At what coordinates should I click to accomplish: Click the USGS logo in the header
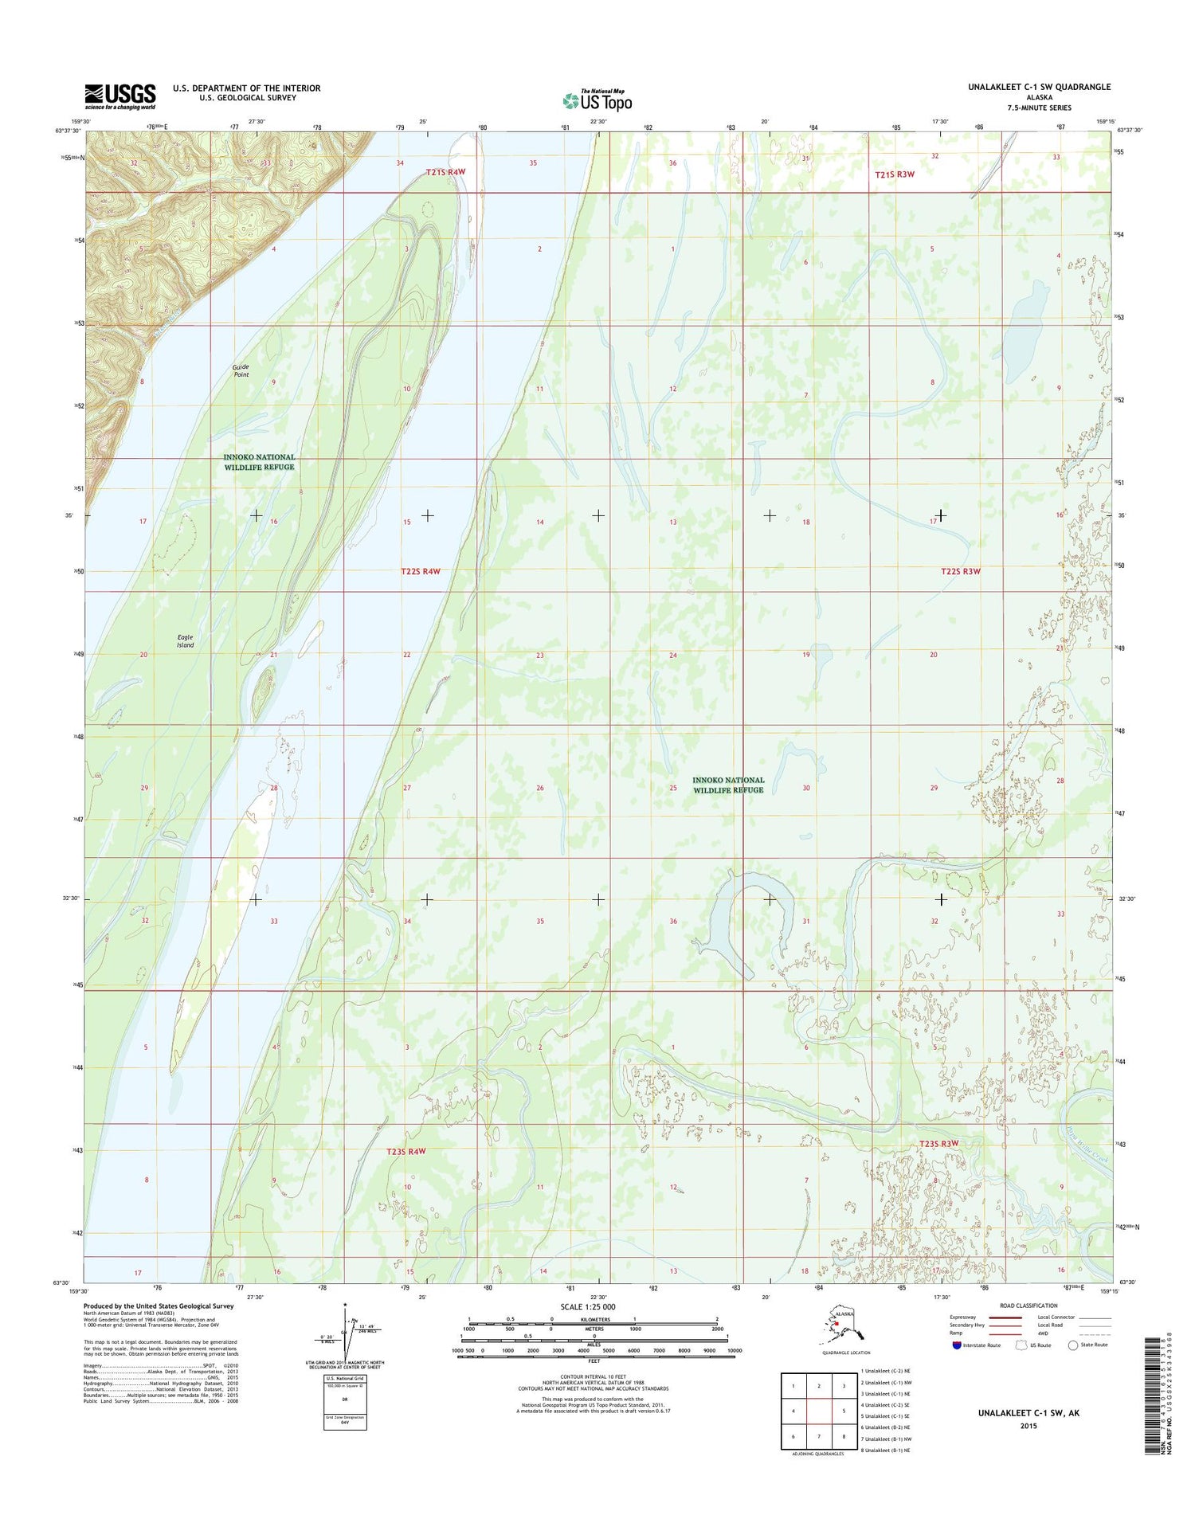coord(120,97)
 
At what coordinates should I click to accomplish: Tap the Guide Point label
coord(241,371)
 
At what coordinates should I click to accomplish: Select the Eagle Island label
coord(185,641)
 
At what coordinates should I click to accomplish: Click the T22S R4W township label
coord(421,571)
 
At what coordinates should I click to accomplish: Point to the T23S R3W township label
coord(937,1144)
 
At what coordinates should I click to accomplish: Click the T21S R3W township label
coord(895,174)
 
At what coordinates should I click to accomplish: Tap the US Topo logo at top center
coord(597,100)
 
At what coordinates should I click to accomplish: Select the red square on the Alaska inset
coord(836,1324)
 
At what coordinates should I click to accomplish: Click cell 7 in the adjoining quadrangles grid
coord(819,1436)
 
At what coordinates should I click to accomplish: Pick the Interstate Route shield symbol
coord(956,1345)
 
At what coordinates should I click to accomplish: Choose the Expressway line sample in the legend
coord(1005,1317)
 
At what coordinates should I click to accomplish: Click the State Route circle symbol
coord(1073,1345)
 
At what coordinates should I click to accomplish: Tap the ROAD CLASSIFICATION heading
coord(1028,1306)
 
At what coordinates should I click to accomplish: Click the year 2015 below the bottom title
coord(1028,1426)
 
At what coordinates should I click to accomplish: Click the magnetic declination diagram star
coord(344,1305)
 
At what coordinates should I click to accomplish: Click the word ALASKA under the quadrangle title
coord(1039,97)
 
